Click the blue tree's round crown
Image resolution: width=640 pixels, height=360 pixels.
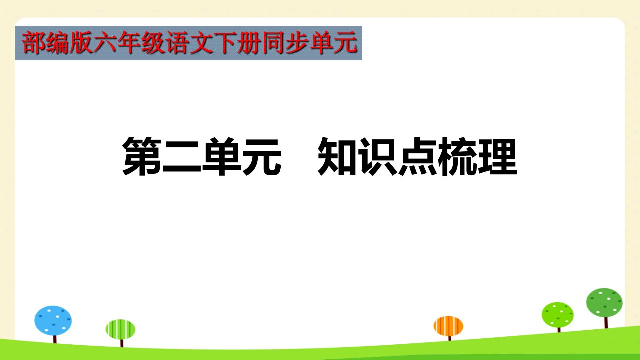tap(53, 320)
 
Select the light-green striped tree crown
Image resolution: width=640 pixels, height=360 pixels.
tap(120, 329)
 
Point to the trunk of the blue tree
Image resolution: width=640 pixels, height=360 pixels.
tap(55, 339)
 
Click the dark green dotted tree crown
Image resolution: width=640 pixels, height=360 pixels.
tap(604, 303)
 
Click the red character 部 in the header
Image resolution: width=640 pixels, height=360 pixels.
tap(33, 43)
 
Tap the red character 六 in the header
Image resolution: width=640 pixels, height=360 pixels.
tap(105, 43)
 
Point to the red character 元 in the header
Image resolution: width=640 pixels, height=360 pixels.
tap(345, 43)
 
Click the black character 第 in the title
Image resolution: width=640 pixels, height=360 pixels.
tap(142, 156)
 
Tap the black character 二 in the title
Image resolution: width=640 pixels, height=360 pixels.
tap(182, 156)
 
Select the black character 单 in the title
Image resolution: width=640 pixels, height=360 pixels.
tap(222, 156)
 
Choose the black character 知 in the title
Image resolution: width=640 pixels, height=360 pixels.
tap(337, 156)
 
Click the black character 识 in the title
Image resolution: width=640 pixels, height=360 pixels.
tap(377, 156)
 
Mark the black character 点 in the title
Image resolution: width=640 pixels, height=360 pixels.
tap(417, 156)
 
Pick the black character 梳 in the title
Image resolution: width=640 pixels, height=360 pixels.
tap(457, 156)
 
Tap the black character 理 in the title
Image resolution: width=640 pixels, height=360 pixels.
tap(497, 156)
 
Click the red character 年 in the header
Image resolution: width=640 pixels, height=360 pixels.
tap(129, 43)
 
